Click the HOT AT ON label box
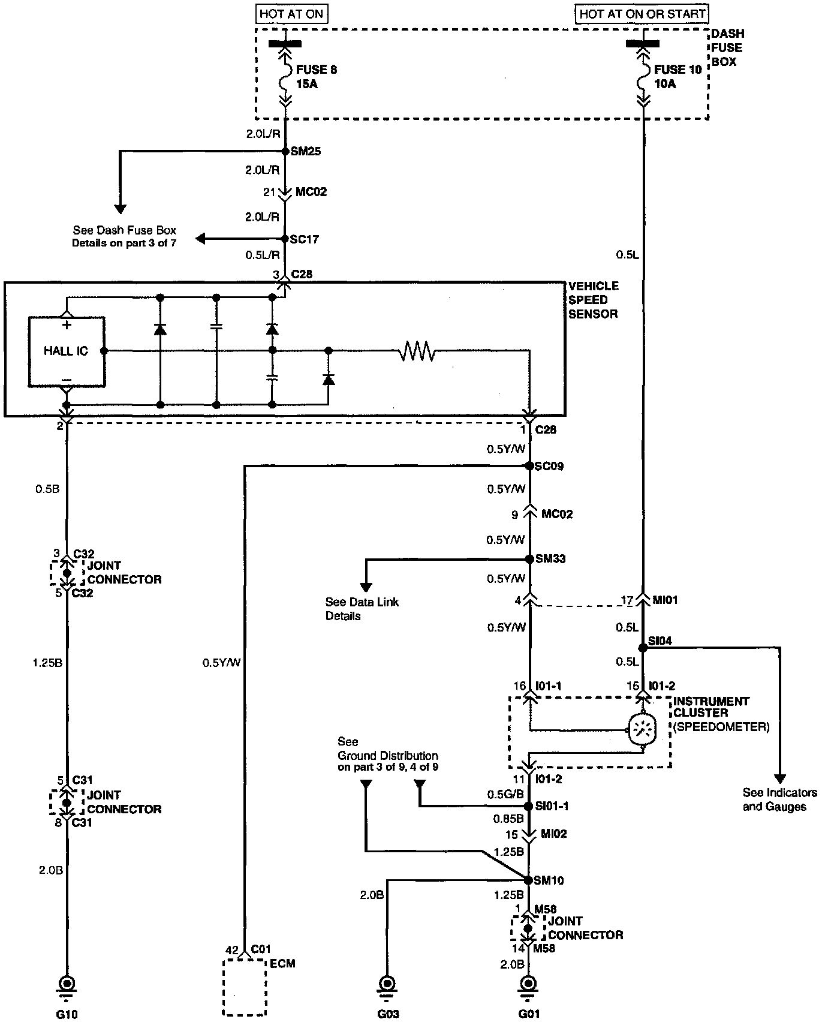coord(292,14)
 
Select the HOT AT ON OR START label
coord(642,14)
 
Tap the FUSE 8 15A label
coord(316,77)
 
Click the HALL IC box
coord(66,351)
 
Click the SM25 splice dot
coord(285,151)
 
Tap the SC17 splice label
coord(305,239)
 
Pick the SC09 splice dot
coord(529,466)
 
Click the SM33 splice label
coord(550,559)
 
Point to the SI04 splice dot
coord(643,648)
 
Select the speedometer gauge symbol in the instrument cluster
coord(642,730)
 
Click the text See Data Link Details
coord(362,609)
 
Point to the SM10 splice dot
coord(528,880)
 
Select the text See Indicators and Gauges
coord(775,799)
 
